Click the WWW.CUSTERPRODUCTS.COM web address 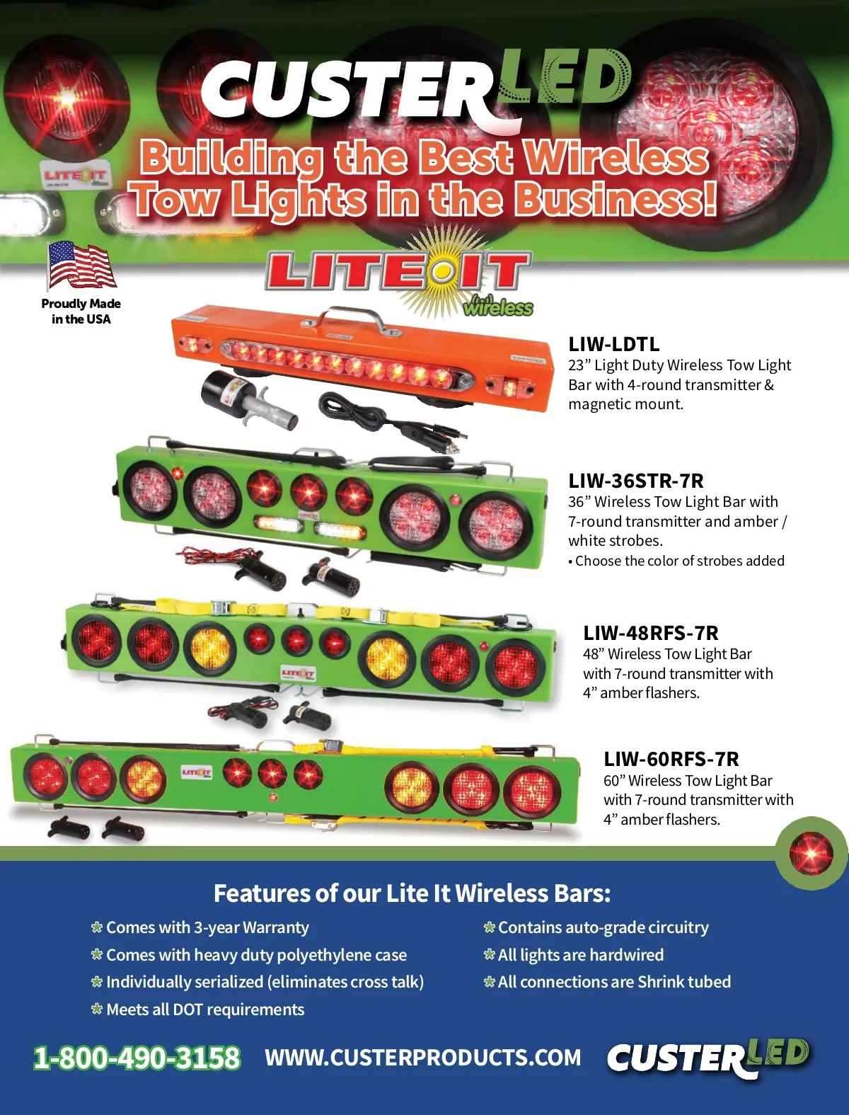click(422, 1058)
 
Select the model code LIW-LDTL click(614, 344)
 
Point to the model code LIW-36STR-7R click(636, 481)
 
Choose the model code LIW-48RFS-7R click(651, 633)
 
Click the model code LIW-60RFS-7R click(671, 759)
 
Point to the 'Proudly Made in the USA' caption click(81, 311)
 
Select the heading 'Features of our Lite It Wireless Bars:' click(412, 893)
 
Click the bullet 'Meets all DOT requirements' click(198, 1010)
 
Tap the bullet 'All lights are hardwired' click(574, 955)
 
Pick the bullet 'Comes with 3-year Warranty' click(200, 927)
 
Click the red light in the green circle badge click(811, 853)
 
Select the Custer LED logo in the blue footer click(708, 1056)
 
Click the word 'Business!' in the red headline click(616, 200)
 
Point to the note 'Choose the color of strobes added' click(676, 561)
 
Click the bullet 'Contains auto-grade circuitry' click(596, 927)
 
